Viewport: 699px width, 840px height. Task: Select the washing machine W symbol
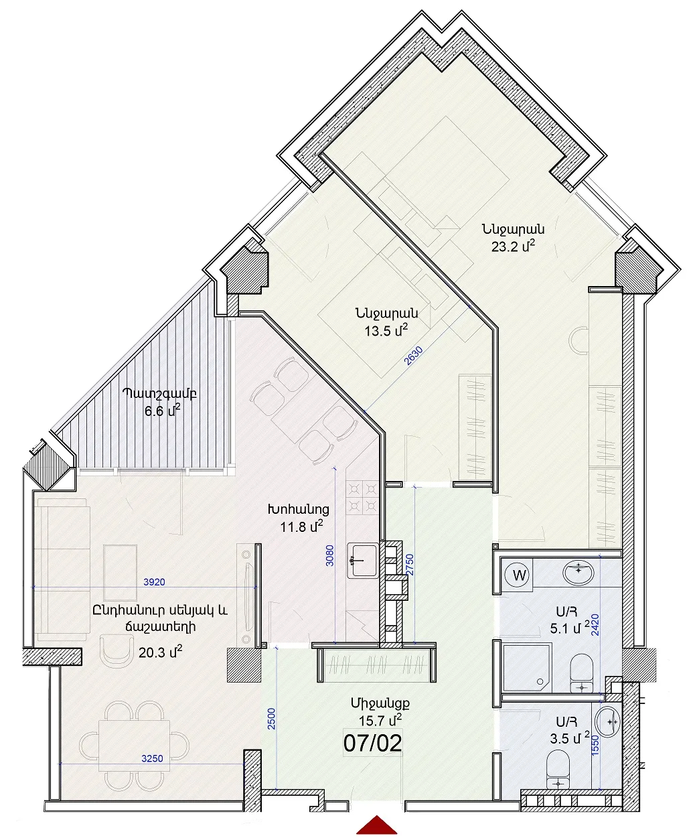point(519,576)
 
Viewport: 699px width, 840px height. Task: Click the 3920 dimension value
point(154,581)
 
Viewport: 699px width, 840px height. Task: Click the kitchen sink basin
point(363,561)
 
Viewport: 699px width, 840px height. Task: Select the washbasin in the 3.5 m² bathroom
point(607,720)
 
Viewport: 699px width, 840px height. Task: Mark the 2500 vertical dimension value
point(271,719)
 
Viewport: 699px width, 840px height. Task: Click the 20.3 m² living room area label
point(161,651)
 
